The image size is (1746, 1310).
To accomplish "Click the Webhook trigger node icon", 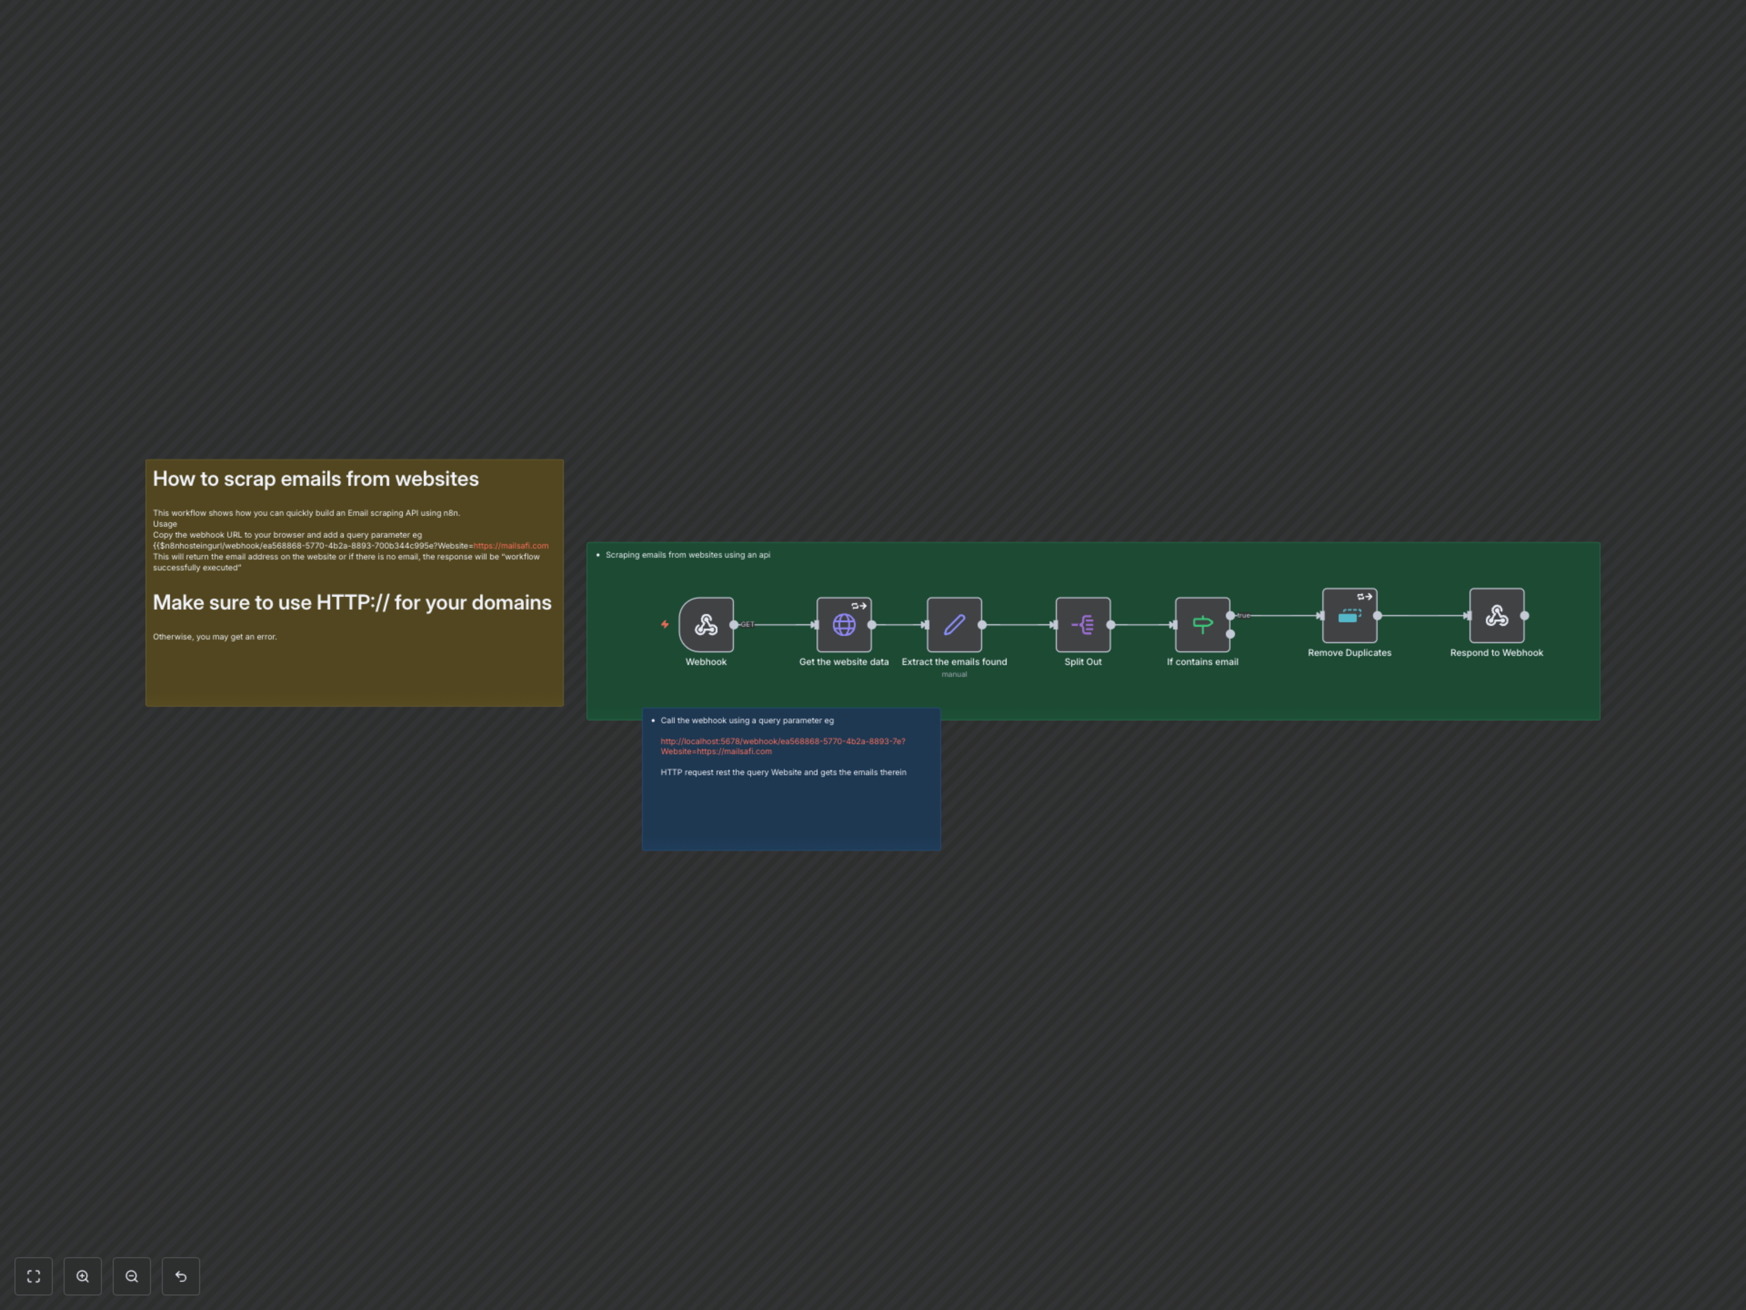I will (x=706, y=625).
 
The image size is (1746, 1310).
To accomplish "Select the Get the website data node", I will (x=844, y=625).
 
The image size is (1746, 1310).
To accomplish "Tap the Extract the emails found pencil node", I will (x=954, y=625).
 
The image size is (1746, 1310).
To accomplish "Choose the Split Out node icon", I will (x=1083, y=625).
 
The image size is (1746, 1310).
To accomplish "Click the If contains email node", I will (x=1202, y=625).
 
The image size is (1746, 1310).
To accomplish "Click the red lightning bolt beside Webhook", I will (x=665, y=625).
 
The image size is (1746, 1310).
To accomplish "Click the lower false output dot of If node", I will (x=1230, y=634).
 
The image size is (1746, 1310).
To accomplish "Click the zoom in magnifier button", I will (x=83, y=1276).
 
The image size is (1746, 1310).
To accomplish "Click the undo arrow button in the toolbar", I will (x=181, y=1276).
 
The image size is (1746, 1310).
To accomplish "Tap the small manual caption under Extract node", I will (x=954, y=675).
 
